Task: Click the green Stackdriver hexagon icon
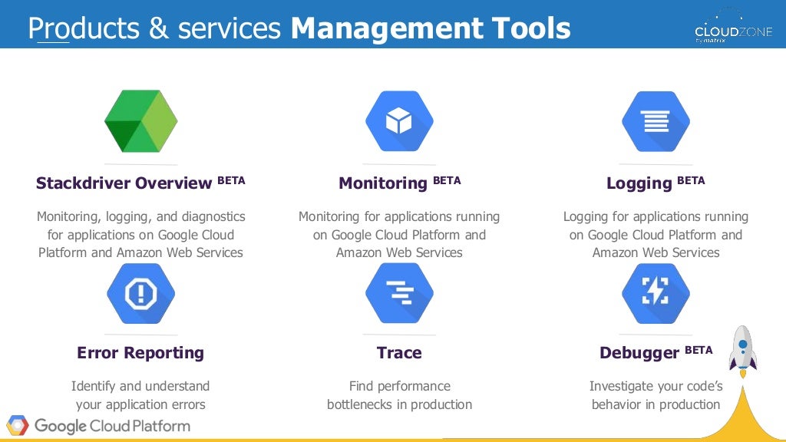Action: point(141,121)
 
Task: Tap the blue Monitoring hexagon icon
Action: point(399,121)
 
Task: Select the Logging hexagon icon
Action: point(656,121)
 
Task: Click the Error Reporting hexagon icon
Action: point(140,293)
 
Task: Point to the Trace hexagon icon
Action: point(399,293)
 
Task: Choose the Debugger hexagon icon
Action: point(656,293)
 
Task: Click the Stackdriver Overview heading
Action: point(124,183)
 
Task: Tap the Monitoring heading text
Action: point(382,183)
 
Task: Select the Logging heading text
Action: point(639,183)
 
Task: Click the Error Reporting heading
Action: point(140,353)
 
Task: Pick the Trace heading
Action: point(399,353)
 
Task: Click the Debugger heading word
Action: point(639,353)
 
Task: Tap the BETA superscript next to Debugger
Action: point(698,350)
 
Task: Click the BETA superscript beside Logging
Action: point(691,180)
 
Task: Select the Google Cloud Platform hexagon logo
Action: point(18,425)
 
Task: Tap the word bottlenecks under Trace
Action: point(362,404)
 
